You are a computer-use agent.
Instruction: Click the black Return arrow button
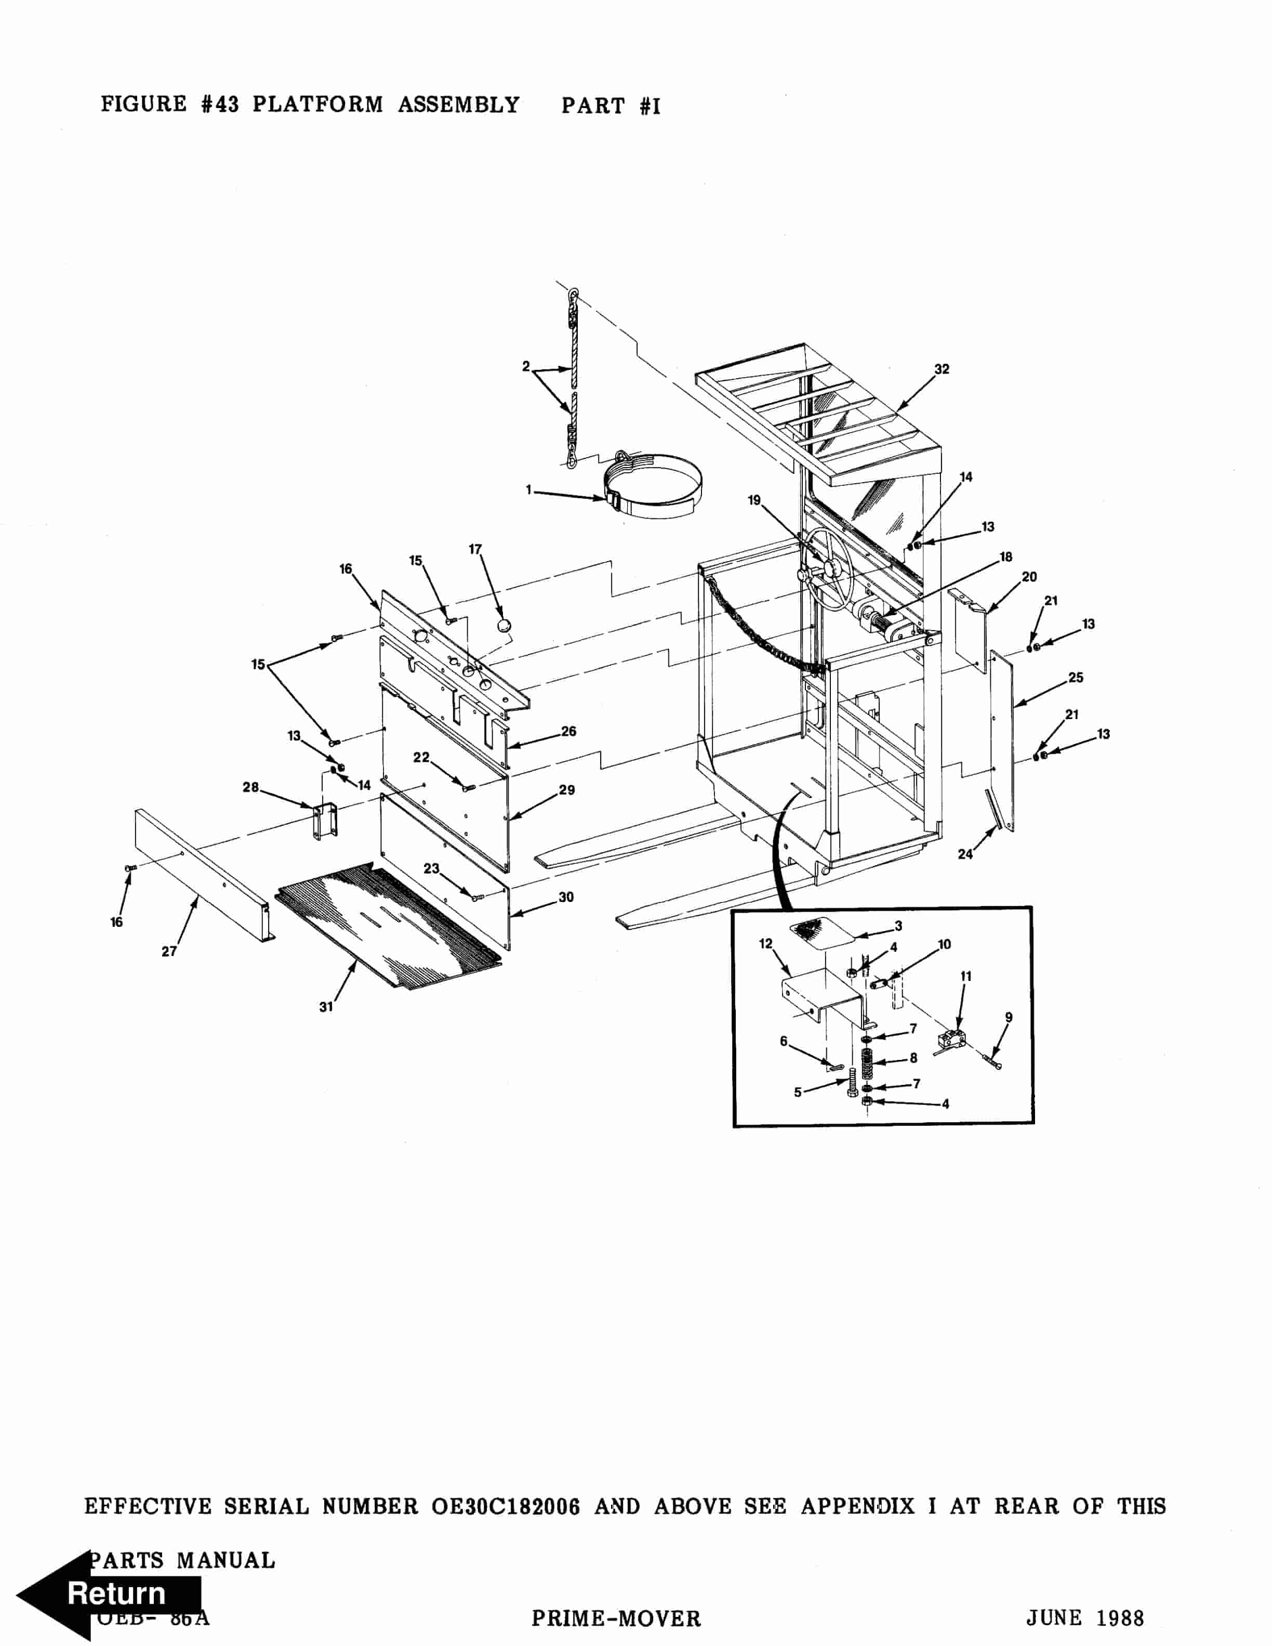109,1593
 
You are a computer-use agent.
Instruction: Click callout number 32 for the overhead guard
941,369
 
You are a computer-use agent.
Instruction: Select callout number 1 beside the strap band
529,490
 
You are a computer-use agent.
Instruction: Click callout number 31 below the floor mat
326,1007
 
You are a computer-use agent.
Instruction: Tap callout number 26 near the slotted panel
568,731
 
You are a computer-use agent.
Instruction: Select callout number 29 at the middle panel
567,790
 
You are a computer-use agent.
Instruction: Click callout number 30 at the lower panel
566,897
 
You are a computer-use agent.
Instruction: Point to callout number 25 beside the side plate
1075,678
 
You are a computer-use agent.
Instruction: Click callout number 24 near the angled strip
964,854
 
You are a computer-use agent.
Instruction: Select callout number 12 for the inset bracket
765,944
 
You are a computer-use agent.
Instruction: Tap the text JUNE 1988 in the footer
1084,1618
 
